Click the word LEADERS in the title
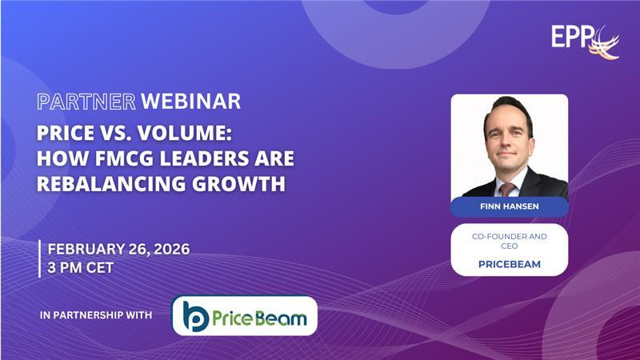coord(193,158)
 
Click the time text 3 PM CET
coord(81,267)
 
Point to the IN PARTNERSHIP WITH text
coord(95,315)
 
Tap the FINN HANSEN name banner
coord(509,207)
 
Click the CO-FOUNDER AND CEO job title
coord(509,240)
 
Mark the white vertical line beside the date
coord(40,258)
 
